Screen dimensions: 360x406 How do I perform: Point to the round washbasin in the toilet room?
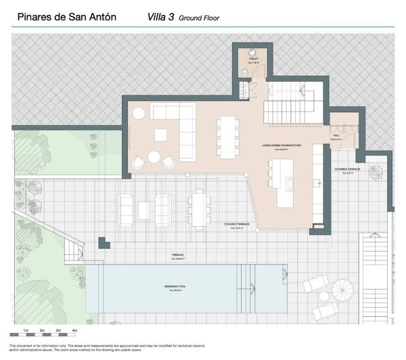click(x=252, y=51)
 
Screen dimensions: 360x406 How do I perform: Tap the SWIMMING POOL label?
click(x=175, y=287)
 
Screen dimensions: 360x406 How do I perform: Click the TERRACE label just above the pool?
click(x=177, y=256)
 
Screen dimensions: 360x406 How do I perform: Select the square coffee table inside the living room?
click(x=160, y=135)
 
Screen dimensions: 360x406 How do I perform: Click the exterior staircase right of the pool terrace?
click(x=375, y=257)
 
